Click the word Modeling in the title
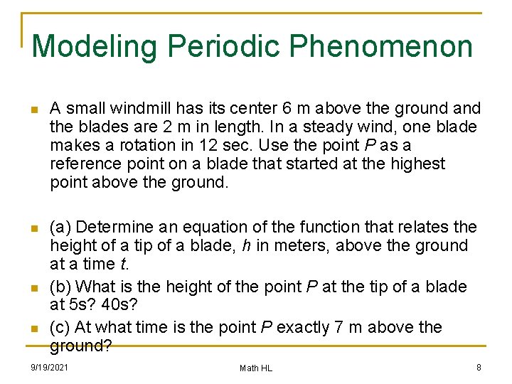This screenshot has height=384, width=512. click(95, 47)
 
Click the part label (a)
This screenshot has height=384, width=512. click(60, 227)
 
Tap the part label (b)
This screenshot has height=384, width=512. click(60, 287)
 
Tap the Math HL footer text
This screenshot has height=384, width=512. click(256, 368)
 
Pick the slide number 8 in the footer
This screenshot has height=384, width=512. click(479, 368)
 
